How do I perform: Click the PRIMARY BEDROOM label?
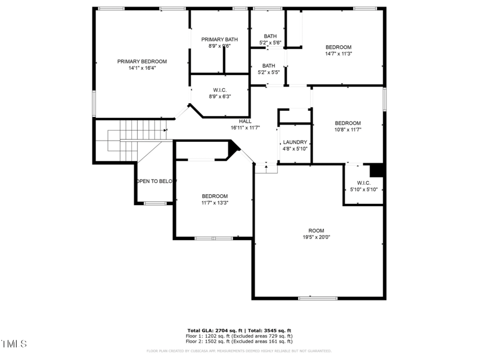pos(142,61)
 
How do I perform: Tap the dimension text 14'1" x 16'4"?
pos(142,68)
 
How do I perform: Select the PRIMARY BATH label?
pos(219,39)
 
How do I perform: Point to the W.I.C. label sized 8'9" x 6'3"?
pos(219,90)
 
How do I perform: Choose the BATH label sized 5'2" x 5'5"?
pos(269,66)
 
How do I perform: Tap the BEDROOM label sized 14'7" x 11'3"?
pos(338,47)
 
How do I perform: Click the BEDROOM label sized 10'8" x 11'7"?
pos(348,123)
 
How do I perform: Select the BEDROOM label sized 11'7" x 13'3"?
pos(215,196)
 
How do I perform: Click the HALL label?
pos(245,121)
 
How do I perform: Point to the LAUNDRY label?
pos(295,142)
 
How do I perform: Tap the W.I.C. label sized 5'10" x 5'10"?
pos(364,182)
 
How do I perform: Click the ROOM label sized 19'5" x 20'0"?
pos(316,231)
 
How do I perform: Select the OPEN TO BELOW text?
pos(156,181)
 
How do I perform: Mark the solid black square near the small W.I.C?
pos(376,170)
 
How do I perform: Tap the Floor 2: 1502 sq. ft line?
pos(239,342)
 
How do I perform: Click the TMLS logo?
pos(14,344)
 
